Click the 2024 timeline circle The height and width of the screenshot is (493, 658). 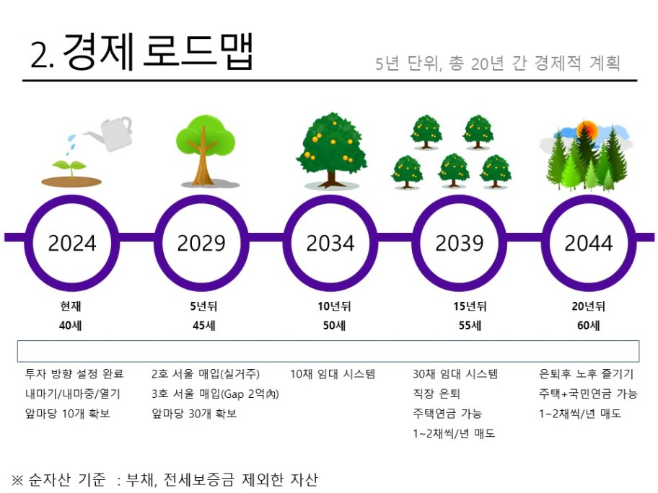click(x=72, y=200)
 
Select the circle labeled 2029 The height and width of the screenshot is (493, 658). click(x=201, y=200)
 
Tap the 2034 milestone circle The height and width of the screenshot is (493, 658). click(x=330, y=200)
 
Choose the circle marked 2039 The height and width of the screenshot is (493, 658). click(x=460, y=200)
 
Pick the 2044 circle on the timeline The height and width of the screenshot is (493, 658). click(x=589, y=200)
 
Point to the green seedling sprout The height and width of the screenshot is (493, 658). click(x=71, y=168)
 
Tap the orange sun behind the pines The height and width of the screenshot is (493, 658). click(x=587, y=130)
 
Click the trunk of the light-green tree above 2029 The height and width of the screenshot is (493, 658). click(x=203, y=161)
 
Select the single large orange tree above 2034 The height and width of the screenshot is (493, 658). click(x=331, y=150)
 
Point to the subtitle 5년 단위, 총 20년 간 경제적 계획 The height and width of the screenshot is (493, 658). click(x=498, y=63)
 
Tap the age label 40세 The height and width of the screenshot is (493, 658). click(x=71, y=325)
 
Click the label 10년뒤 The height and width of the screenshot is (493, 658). click(x=334, y=306)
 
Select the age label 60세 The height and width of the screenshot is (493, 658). click(x=588, y=325)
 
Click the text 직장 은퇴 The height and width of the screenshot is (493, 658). click(x=437, y=394)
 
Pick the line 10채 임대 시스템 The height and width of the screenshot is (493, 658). click(x=333, y=373)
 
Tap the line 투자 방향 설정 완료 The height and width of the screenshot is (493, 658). click(x=74, y=373)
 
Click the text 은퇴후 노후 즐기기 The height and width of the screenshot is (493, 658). click(x=587, y=373)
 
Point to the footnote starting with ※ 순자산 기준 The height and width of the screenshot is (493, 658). click(x=164, y=479)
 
